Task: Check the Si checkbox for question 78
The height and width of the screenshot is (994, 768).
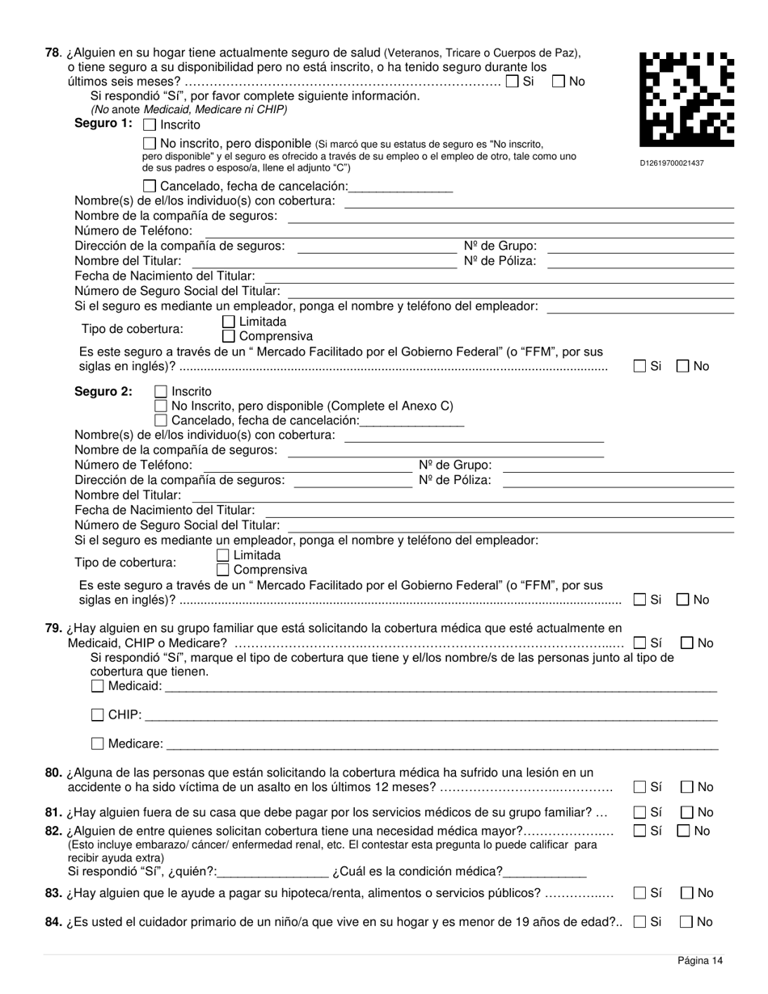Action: pyautogui.click(x=513, y=82)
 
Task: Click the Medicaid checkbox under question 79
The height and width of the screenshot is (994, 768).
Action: pyautogui.click(x=98, y=686)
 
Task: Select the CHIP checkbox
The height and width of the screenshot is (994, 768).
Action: pyautogui.click(x=98, y=714)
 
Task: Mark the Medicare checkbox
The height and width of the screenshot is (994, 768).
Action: pyautogui.click(x=98, y=743)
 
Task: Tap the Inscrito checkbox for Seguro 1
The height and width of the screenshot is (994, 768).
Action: pyautogui.click(x=150, y=125)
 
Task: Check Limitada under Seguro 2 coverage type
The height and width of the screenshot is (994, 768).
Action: pyautogui.click(x=223, y=555)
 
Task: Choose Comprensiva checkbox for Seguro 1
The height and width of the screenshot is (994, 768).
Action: pyautogui.click(x=229, y=336)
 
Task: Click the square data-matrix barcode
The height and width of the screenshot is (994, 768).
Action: pyautogui.click(x=686, y=98)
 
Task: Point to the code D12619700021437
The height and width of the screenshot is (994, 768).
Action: pyautogui.click(x=672, y=163)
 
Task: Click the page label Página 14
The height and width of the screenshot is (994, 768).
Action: pyautogui.click(x=700, y=961)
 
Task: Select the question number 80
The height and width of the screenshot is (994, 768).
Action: pyautogui.click(x=53, y=773)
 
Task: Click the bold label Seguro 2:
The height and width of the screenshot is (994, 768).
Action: pyautogui.click(x=103, y=391)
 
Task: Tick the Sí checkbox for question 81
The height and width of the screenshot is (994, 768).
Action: pyautogui.click(x=640, y=812)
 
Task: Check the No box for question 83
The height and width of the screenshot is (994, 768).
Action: pyautogui.click(x=687, y=893)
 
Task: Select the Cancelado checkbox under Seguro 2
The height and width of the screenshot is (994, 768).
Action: pyautogui.click(x=161, y=420)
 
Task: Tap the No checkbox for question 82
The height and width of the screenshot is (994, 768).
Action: pyautogui.click(x=684, y=831)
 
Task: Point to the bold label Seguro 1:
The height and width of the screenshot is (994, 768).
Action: pyautogui.click(x=103, y=123)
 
